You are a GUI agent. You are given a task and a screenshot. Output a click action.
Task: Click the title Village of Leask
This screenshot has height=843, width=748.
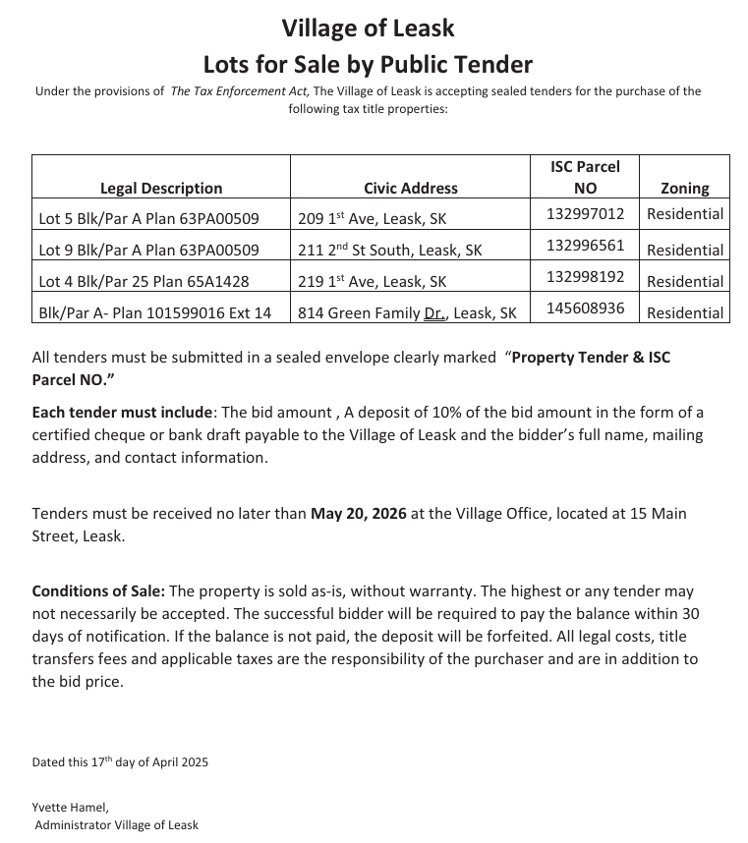[x=368, y=28]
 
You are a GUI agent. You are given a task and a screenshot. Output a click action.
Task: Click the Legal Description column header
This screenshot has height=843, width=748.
[x=161, y=188]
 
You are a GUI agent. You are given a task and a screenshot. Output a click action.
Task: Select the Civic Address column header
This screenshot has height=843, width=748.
[x=410, y=188]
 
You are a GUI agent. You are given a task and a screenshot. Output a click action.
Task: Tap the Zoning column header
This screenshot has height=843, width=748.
[x=684, y=188]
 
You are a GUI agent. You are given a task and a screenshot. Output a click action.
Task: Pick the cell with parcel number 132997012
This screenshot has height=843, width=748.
[x=585, y=213]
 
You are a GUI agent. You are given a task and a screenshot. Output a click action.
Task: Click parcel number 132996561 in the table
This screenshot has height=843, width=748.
[x=585, y=245]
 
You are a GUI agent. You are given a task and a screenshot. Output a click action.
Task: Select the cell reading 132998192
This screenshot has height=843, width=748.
[x=585, y=276]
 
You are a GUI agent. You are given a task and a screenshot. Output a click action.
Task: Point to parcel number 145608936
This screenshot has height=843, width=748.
[x=585, y=308]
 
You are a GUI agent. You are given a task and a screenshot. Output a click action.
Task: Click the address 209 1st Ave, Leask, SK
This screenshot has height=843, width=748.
[x=372, y=218]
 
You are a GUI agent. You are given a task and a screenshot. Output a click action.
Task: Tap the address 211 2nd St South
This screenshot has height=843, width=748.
[x=389, y=250]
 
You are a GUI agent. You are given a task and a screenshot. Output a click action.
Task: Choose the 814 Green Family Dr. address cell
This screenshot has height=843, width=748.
[x=407, y=312]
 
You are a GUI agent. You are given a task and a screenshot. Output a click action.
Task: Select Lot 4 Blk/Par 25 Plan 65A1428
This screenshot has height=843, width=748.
[x=144, y=281]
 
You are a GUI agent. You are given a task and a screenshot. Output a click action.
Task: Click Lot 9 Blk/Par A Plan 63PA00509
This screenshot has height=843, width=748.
[x=148, y=250]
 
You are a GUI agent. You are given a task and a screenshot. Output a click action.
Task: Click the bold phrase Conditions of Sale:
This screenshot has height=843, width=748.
[x=98, y=591]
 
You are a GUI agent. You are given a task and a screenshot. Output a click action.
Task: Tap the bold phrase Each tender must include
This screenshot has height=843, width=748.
[x=122, y=412]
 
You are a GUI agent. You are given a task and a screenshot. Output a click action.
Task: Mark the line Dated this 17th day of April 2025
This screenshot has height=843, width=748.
[x=120, y=761]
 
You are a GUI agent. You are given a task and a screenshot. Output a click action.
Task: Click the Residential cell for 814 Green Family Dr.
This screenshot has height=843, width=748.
[x=684, y=312]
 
